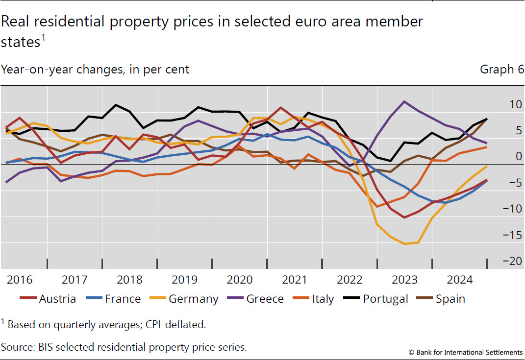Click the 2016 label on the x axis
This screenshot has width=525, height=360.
[x=20, y=280]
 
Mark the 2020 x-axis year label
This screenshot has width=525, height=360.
[x=239, y=280]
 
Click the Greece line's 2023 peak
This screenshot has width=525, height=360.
[x=404, y=101]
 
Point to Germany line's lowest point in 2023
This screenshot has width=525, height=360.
[x=405, y=243]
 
